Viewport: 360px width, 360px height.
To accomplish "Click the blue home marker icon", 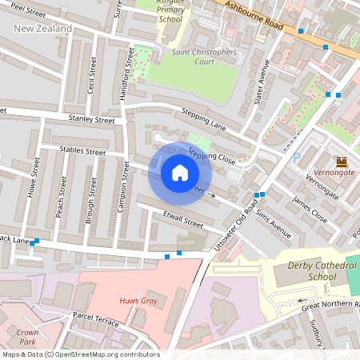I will [180, 172].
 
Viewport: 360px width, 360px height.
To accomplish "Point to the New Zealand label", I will [43, 29].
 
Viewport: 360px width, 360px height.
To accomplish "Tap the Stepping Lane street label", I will [205, 119].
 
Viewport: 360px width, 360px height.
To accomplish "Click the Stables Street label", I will [83, 150].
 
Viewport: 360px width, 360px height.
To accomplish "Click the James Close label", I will [310, 210].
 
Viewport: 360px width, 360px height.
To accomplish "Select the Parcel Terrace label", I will [96, 319].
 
